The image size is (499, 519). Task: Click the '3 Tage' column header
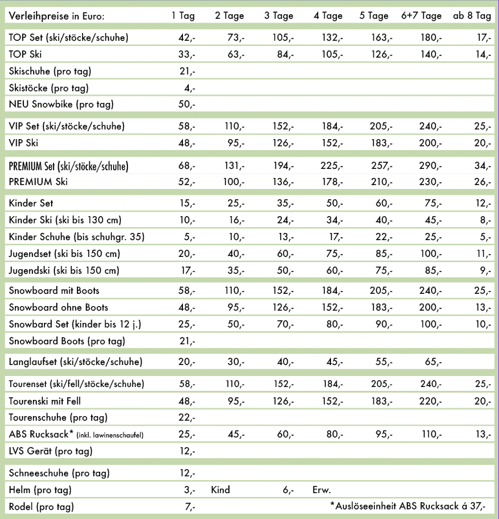pyautogui.click(x=279, y=16)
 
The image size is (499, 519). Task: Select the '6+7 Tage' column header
pyautogui.click(x=421, y=16)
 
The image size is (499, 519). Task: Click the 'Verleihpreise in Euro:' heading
pyautogui.click(x=57, y=16)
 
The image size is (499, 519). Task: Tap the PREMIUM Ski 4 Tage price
pyautogui.click(x=332, y=182)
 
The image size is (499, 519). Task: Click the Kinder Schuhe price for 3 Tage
pyautogui.click(x=284, y=237)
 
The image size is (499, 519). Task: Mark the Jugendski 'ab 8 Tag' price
pyautogui.click(x=483, y=270)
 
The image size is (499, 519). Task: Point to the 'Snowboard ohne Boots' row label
pyautogui.click(x=58, y=307)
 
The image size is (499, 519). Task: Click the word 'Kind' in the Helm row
pyautogui.click(x=221, y=490)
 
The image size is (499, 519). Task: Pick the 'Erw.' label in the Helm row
pyautogui.click(x=321, y=490)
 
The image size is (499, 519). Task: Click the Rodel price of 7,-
pyautogui.click(x=189, y=506)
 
